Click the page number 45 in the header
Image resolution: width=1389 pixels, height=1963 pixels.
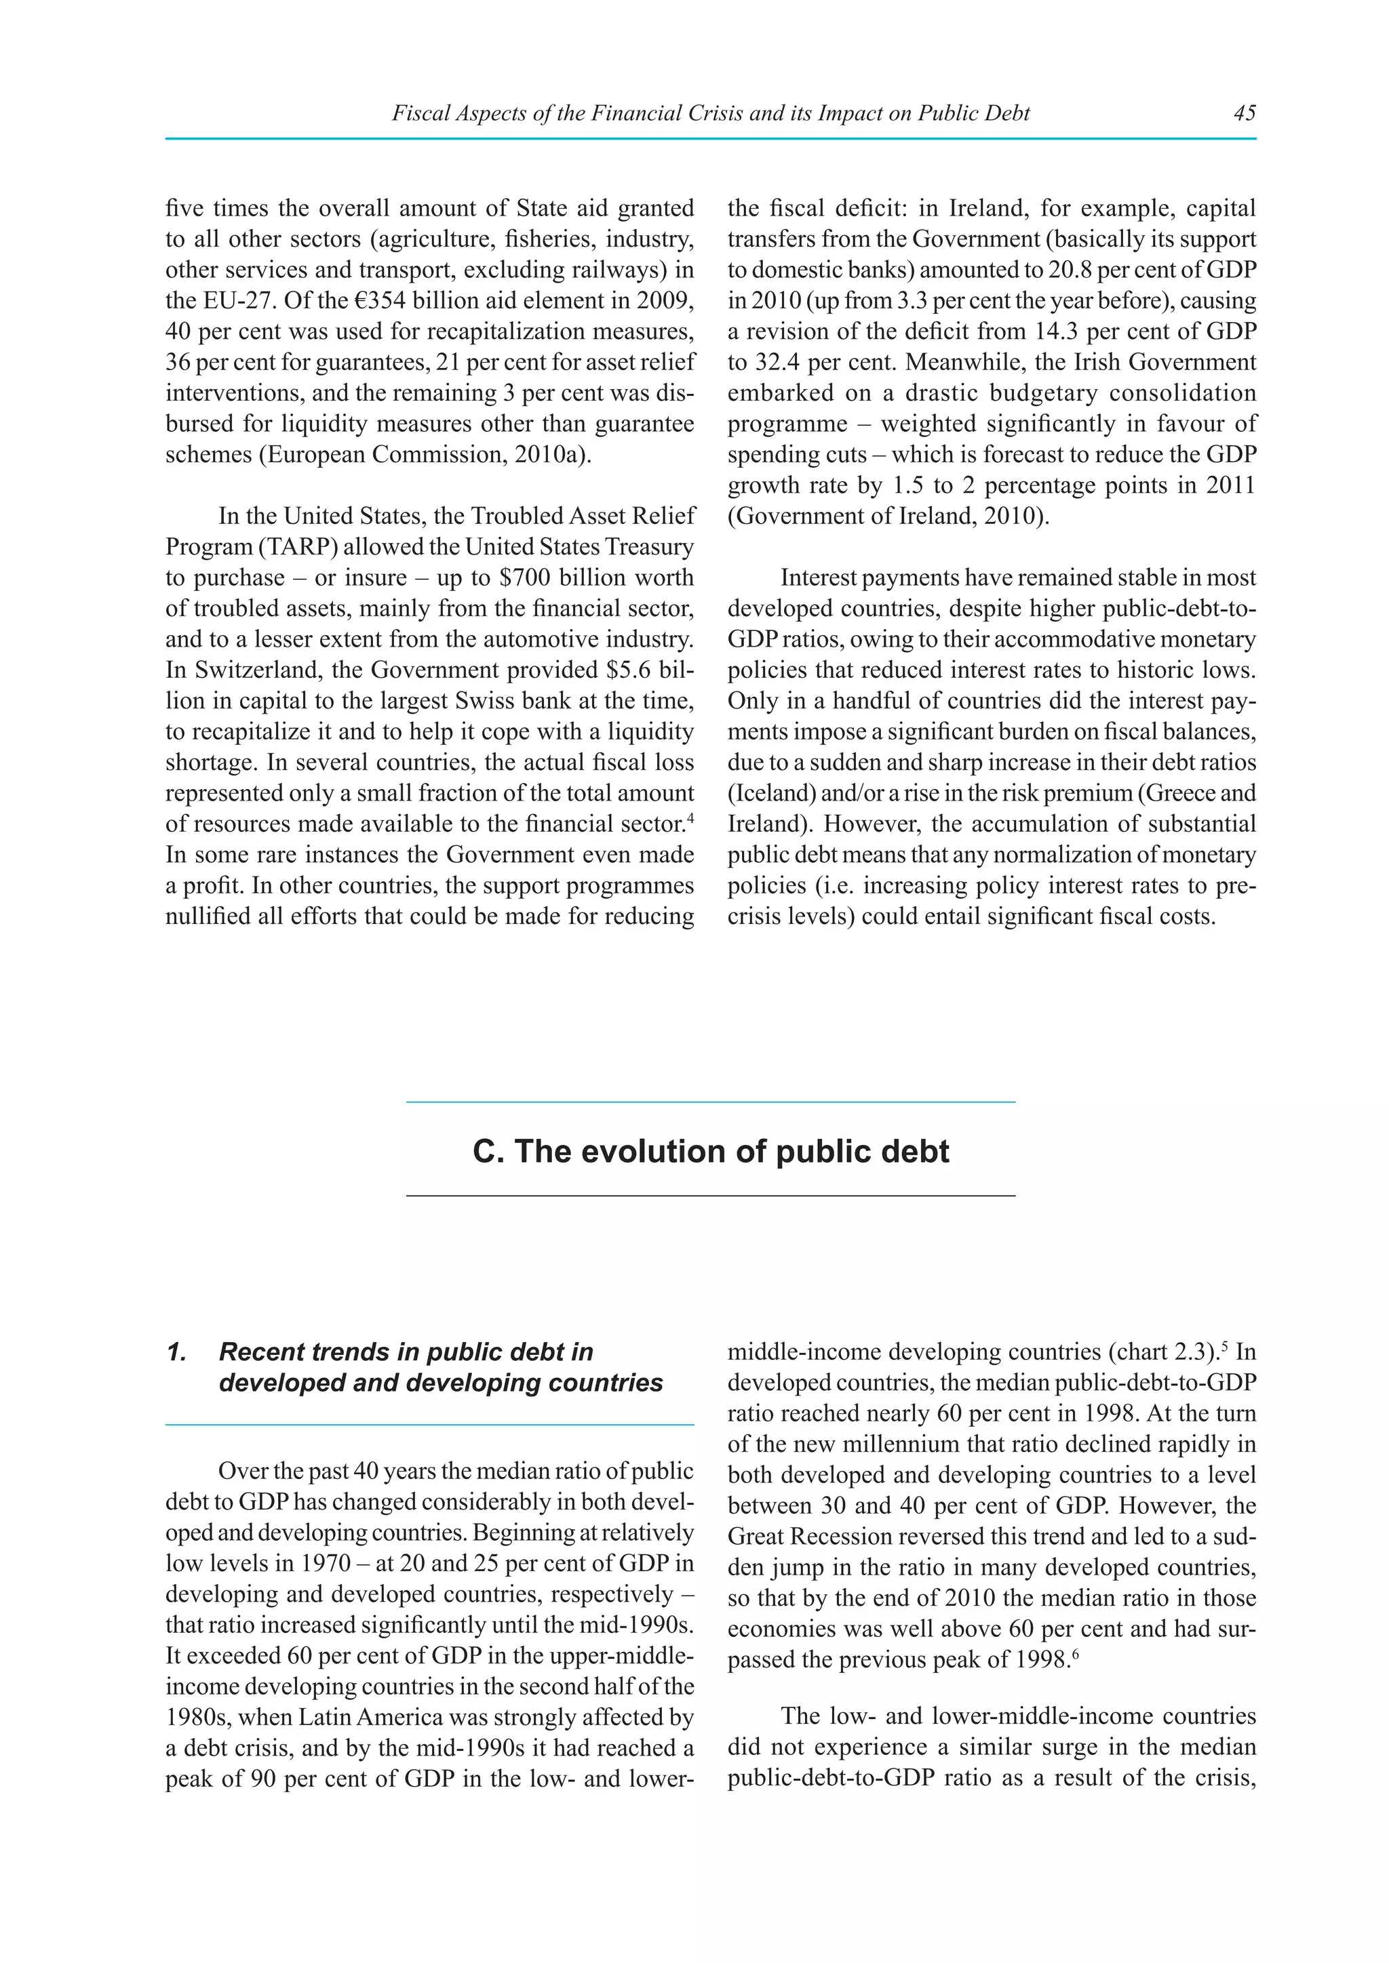1245,113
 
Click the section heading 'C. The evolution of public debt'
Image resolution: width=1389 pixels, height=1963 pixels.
710,1152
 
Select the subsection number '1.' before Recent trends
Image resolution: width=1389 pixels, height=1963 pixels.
176,1352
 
